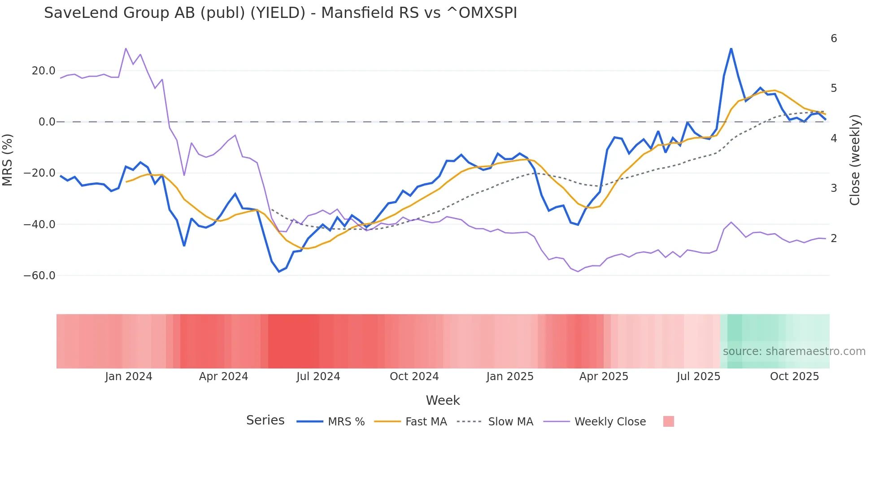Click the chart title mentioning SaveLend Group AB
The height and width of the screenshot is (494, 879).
tap(280, 13)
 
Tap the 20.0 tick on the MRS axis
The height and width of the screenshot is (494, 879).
tap(44, 71)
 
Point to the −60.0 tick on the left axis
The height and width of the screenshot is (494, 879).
tap(39, 276)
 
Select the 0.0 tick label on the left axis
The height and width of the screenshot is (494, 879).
tap(47, 122)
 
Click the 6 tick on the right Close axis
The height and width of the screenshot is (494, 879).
tap(834, 39)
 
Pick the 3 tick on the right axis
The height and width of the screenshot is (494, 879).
tap(834, 188)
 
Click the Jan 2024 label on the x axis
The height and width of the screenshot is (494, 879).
tap(129, 377)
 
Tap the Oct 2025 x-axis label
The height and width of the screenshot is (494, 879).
tap(794, 377)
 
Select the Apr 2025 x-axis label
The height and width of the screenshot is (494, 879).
tap(604, 377)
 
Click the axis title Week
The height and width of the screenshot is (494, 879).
tap(443, 400)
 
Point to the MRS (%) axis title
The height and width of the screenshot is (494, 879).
tap(8, 160)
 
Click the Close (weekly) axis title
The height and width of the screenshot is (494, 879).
tap(855, 160)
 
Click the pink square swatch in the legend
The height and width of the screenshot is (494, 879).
tap(668, 421)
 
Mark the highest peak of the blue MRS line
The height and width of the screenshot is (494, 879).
tap(731, 48)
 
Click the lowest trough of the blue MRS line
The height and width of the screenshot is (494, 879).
tap(279, 272)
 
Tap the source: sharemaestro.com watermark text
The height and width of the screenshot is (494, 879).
tap(794, 351)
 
